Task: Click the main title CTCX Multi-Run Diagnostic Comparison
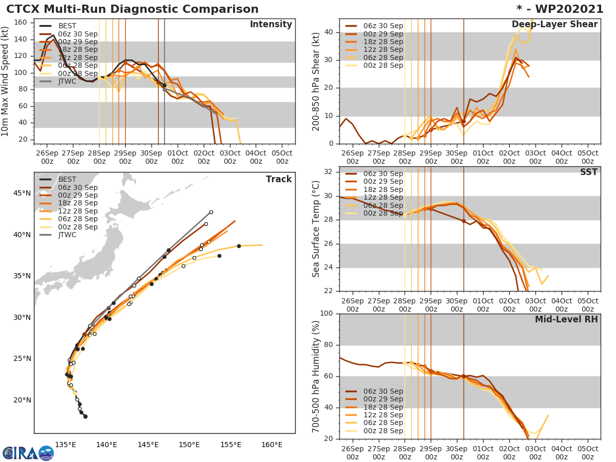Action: [132, 9]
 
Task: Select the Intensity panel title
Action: [271, 25]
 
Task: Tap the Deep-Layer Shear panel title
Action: [554, 25]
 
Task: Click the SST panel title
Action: [589, 172]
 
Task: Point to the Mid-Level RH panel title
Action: [566, 319]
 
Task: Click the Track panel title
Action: [279, 179]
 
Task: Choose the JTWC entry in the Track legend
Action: [67, 235]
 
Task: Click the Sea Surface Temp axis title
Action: [316, 229]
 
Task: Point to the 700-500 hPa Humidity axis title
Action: [316, 376]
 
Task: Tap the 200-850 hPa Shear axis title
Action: [316, 81]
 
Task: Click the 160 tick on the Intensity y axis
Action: [21, 22]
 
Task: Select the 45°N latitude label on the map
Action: [21, 194]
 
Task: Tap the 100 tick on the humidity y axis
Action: [326, 314]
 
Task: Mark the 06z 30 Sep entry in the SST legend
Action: [382, 174]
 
